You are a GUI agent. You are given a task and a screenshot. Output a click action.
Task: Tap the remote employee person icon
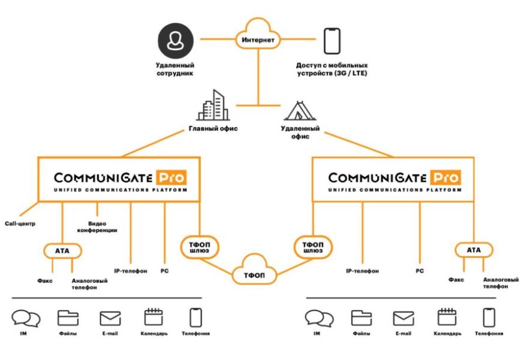tap(176, 40)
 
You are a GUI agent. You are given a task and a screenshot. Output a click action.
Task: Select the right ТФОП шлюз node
tap(312, 248)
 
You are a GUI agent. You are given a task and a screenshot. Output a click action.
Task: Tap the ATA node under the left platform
tap(63, 250)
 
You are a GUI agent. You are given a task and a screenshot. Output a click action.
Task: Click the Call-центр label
tap(19, 224)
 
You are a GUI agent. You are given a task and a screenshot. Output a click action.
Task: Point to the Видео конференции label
tap(96, 227)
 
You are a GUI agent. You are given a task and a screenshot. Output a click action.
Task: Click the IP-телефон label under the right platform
tap(362, 271)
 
